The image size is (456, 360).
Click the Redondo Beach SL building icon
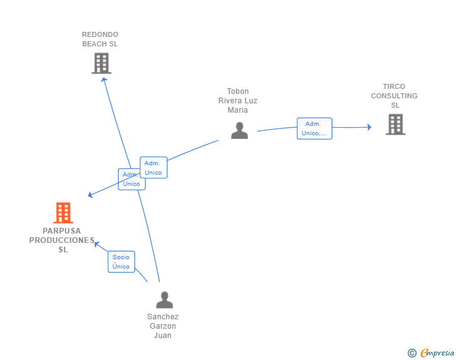click(x=101, y=63)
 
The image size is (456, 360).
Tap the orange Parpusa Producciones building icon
click(x=63, y=213)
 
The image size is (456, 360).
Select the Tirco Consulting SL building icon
click(x=395, y=124)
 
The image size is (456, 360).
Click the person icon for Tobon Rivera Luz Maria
click(x=239, y=130)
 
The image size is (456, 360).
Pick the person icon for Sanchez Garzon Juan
click(x=164, y=300)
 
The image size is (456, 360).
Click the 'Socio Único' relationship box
click(x=121, y=262)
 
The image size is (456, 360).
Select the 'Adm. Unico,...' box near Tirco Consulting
click(x=314, y=128)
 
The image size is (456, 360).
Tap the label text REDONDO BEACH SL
click(x=100, y=39)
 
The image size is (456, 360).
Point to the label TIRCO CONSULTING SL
click(x=394, y=96)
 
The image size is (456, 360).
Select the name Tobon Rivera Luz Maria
click(x=238, y=101)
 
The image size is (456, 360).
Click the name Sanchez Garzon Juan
click(x=163, y=326)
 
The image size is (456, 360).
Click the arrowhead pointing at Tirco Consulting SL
click(x=369, y=127)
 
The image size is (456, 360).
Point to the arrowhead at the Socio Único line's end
click(x=96, y=243)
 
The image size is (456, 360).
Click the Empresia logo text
click(x=437, y=352)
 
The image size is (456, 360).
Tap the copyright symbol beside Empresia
click(x=412, y=353)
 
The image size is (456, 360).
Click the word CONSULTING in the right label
click(x=394, y=96)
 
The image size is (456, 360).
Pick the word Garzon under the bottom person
click(x=163, y=326)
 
